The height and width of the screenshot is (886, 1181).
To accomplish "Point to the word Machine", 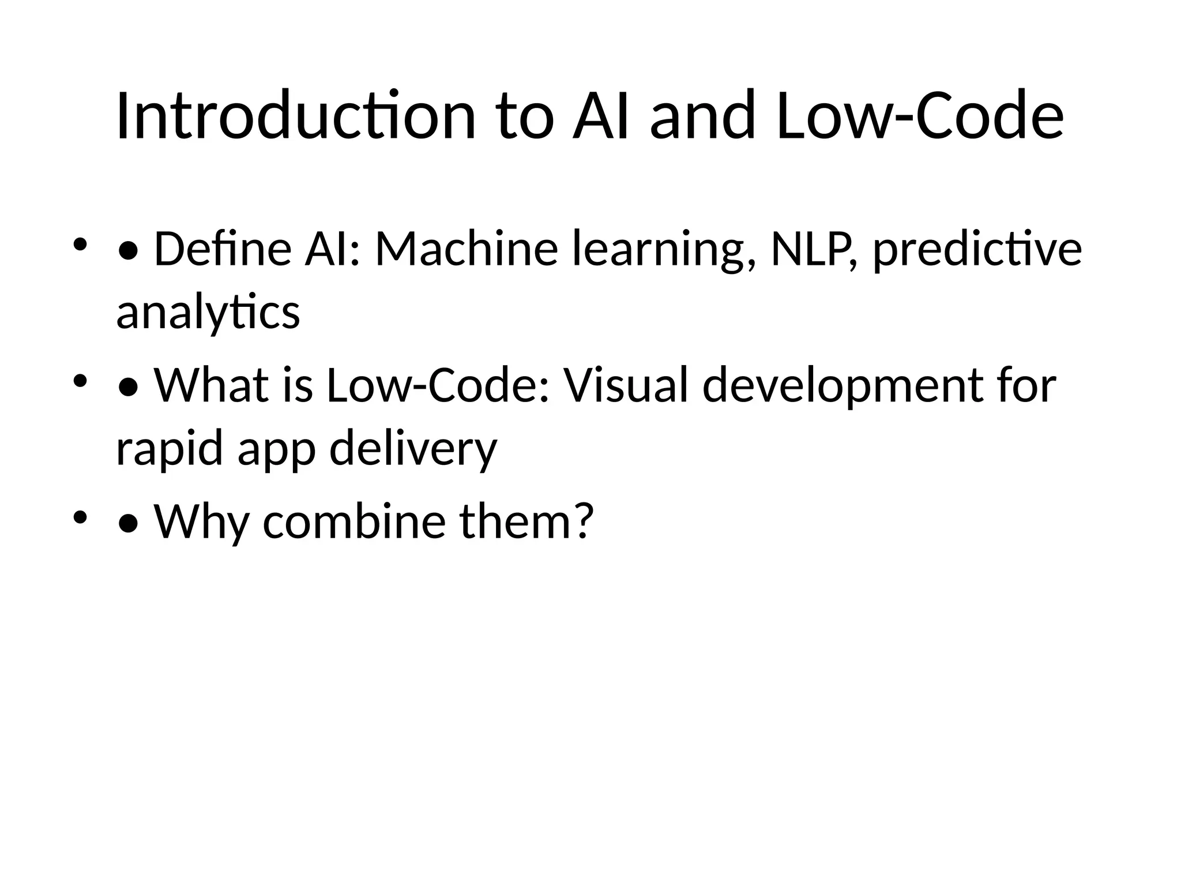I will click(466, 249).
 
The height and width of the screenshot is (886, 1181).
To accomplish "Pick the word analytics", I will click(208, 313).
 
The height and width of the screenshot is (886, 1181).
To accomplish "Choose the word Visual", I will click(626, 385).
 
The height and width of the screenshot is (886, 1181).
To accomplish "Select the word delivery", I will click(413, 449).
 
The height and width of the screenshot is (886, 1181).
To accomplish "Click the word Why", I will click(201, 521).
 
